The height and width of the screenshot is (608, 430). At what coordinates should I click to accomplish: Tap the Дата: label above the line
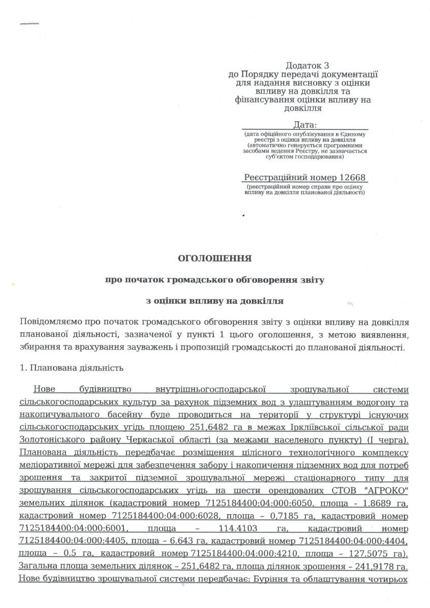pyautogui.click(x=304, y=124)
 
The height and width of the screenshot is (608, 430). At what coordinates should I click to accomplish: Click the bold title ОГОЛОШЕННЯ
pyautogui.click(x=214, y=258)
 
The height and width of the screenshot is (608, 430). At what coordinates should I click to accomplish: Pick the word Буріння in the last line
pyautogui.click(x=281, y=579)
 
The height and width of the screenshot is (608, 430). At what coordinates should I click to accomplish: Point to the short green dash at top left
pyautogui.click(x=29, y=23)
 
